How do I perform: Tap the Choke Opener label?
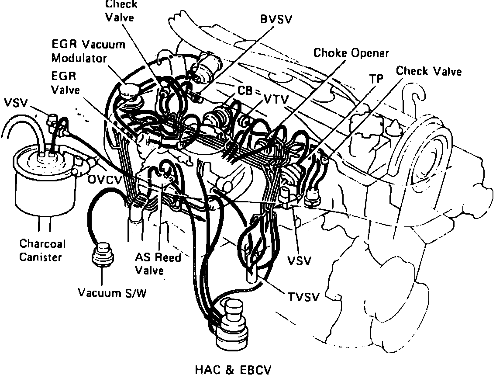(351, 53)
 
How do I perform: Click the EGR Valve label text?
(64, 83)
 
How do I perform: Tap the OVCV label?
(104, 179)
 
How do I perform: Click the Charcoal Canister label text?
(40, 250)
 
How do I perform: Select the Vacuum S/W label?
(112, 292)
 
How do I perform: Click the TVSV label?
(303, 297)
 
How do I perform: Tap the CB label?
(244, 91)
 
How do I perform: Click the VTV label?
(276, 100)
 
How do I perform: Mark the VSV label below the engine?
(299, 261)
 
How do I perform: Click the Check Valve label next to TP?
(429, 71)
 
